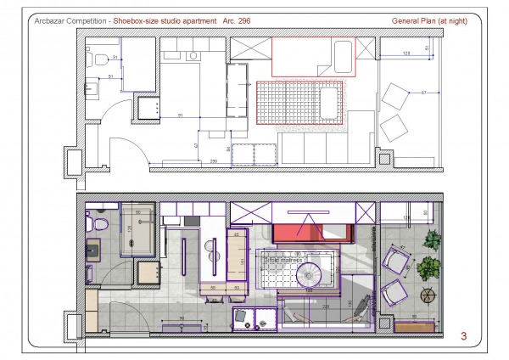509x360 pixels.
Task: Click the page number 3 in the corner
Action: (463, 335)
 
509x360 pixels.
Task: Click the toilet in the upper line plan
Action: (93, 60)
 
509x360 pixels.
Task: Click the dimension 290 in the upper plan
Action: (215, 160)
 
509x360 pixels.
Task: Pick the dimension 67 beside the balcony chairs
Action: (424, 92)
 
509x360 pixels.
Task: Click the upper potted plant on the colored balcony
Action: (433, 240)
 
